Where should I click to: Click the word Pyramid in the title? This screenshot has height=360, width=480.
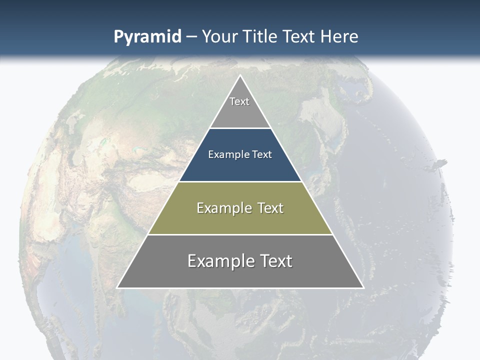[147, 37]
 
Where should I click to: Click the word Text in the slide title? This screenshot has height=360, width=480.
[298, 36]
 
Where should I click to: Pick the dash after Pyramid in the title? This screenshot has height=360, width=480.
[191, 37]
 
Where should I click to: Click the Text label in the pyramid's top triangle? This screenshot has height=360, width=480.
[239, 101]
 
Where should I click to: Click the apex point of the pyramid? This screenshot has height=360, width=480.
[240, 76]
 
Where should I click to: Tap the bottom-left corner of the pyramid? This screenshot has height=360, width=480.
[118, 287]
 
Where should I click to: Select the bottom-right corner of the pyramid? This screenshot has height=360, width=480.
[363, 287]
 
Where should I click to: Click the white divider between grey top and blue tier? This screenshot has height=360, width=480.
[240, 128]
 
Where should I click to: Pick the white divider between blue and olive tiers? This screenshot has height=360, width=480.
[240, 181]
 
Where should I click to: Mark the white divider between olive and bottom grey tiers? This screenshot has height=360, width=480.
[240, 234]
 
